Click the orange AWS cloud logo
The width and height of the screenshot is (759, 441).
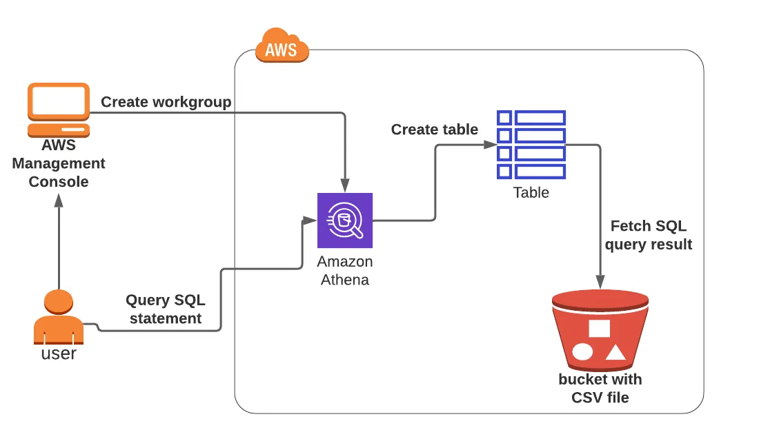[282, 47]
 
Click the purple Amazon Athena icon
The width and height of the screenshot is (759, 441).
[345, 220]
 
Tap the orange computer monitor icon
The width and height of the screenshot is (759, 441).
[59, 110]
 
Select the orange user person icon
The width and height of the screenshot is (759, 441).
[59, 317]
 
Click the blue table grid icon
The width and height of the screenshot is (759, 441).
[531, 145]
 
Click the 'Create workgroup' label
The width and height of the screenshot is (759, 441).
[166, 102]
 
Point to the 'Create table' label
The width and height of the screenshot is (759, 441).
[435, 130]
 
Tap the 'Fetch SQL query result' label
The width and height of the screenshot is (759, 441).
[649, 235]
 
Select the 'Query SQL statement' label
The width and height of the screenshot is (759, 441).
[166, 309]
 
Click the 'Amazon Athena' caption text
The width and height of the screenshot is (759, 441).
[345, 271]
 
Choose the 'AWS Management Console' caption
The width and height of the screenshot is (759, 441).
[59, 163]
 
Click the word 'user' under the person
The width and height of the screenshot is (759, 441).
[59, 353]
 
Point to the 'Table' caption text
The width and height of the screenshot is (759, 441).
[531, 193]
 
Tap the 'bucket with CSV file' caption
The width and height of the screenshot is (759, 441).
[600, 388]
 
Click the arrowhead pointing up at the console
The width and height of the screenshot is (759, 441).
[59, 201]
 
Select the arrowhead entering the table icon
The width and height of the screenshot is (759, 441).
[489, 145]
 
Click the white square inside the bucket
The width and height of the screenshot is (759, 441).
[599, 328]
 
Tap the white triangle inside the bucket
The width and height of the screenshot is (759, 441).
[615, 353]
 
